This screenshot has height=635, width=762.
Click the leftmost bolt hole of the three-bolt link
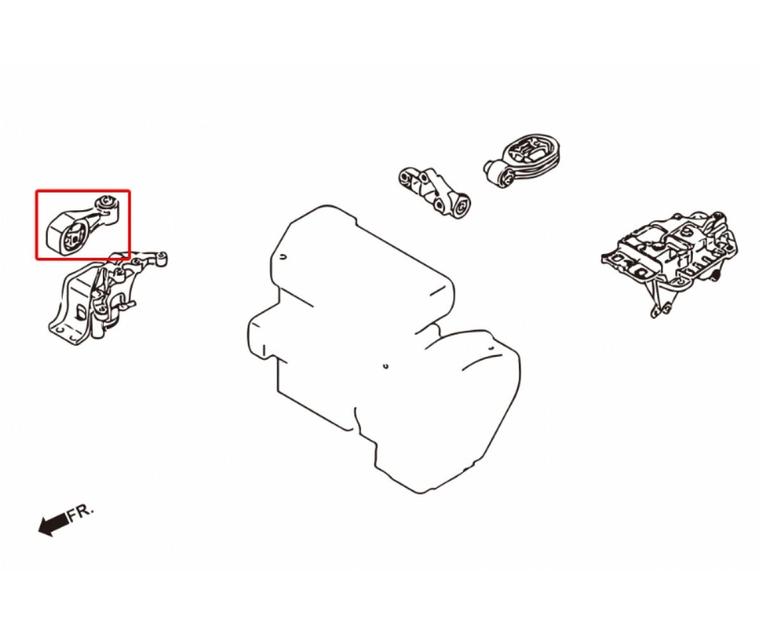404,177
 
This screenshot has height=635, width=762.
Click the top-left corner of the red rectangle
36,190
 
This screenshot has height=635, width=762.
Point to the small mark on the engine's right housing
491,347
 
